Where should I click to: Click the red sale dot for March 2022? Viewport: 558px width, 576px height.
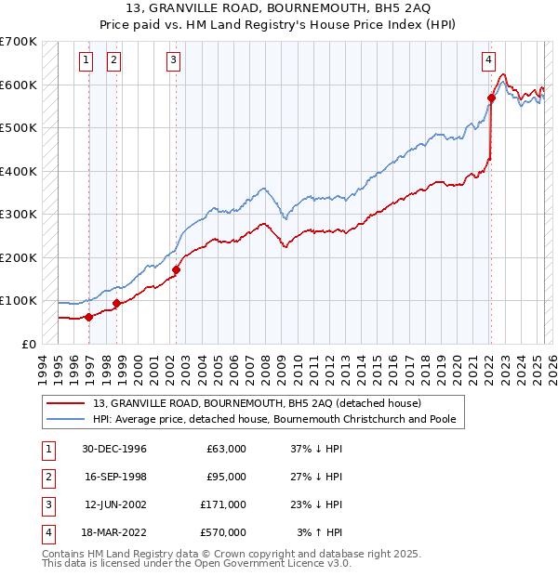491,98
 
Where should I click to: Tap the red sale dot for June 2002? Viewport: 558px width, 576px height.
176,270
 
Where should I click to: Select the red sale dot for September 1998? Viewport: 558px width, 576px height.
116,303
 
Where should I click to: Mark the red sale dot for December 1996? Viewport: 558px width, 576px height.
88,317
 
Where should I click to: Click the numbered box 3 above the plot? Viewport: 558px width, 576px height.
174,61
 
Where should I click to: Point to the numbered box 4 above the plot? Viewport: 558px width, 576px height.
488,61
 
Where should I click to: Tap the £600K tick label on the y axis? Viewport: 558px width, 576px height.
19,85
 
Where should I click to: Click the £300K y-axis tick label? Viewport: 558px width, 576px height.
19,214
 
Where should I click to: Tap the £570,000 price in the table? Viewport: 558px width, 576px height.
224,532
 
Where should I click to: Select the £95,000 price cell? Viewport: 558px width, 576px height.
227,477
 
